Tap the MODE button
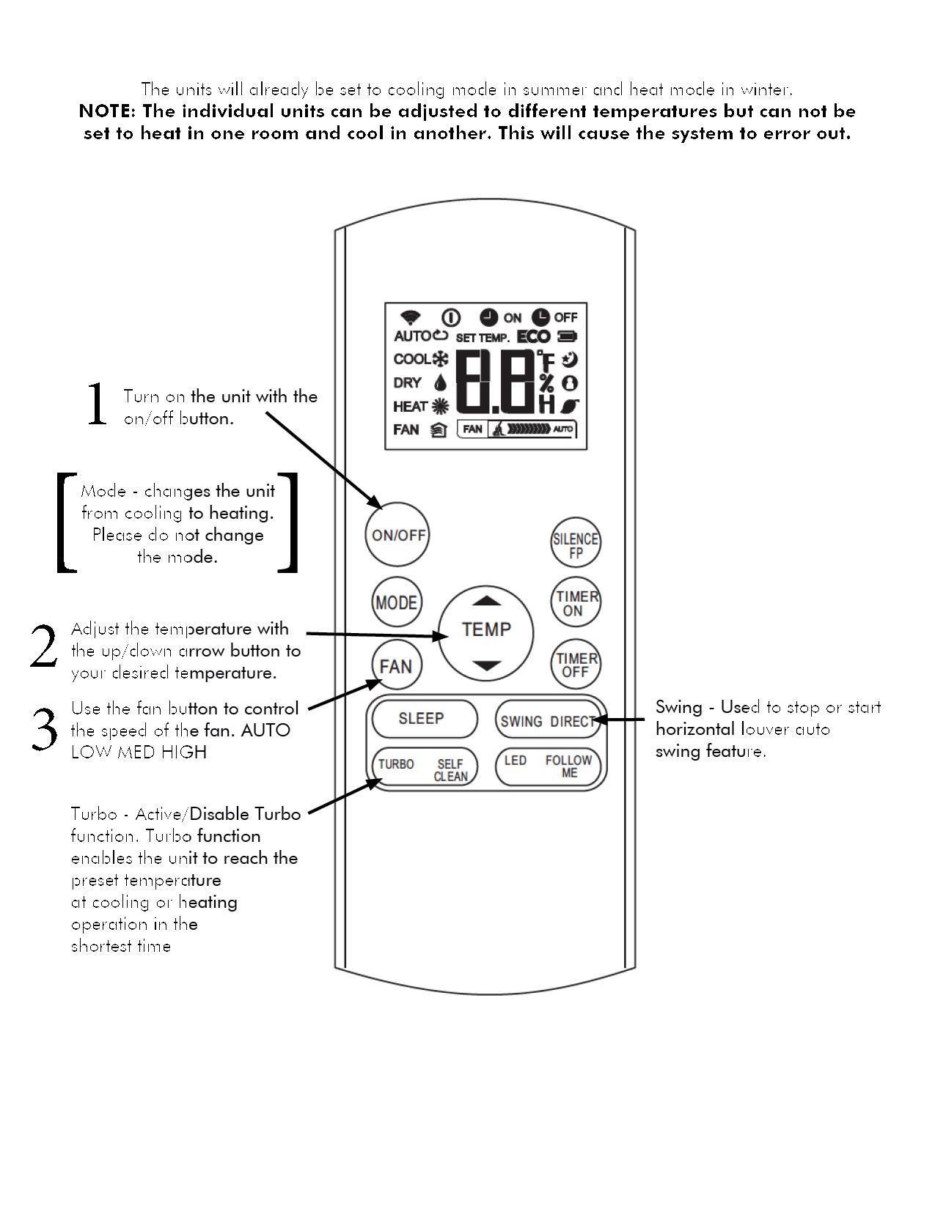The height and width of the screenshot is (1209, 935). pyautogui.click(x=397, y=602)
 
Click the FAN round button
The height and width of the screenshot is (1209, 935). pyautogui.click(x=396, y=666)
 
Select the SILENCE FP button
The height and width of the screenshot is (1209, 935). pyautogui.click(x=575, y=545)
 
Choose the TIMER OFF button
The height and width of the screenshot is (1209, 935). pyautogui.click(x=576, y=664)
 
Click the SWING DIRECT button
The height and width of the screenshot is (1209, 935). pyautogui.click(x=547, y=721)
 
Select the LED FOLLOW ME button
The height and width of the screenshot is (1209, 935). pyautogui.click(x=549, y=766)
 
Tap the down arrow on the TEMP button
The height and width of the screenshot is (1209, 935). pyautogui.click(x=485, y=665)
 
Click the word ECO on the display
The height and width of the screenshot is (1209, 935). pyautogui.click(x=534, y=337)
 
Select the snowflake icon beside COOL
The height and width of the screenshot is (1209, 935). pyautogui.click(x=441, y=360)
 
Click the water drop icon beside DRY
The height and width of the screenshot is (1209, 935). pyautogui.click(x=440, y=383)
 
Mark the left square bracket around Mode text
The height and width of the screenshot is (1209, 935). pyautogui.click(x=66, y=522)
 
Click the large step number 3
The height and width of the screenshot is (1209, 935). pyautogui.click(x=44, y=730)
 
